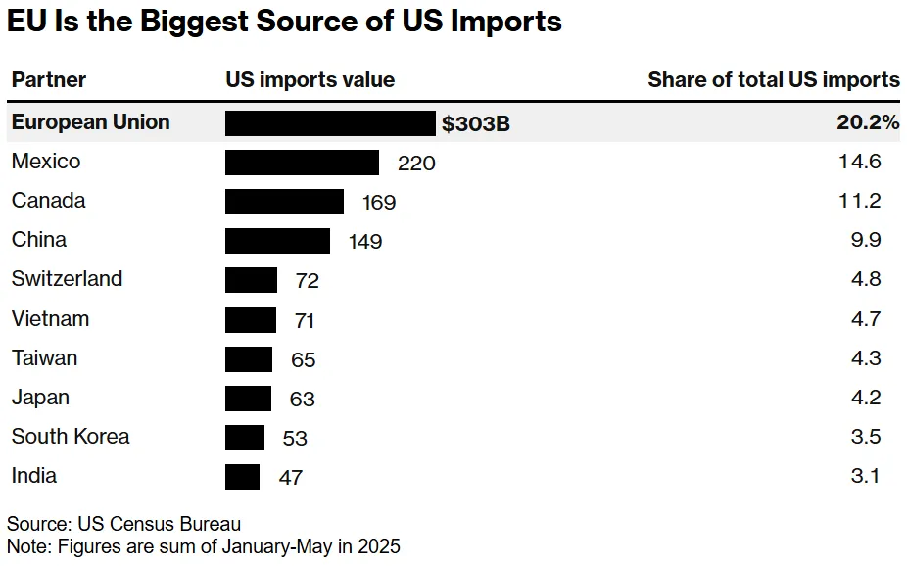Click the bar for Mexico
click(x=302, y=163)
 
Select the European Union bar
click(x=330, y=123)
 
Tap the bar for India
click(x=242, y=477)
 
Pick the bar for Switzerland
click(x=251, y=280)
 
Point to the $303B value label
click(x=476, y=124)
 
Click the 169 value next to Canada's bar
click(x=378, y=203)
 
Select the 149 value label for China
click(x=364, y=242)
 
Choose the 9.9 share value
click(x=867, y=241)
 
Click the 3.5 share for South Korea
click(x=867, y=437)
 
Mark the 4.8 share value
click(x=867, y=280)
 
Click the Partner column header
click(x=49, y=80)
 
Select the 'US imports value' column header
click(x=310, y=80)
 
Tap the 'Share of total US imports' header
click(x=773, y=80)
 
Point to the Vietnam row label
click(x=50, y=319)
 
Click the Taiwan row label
click(x=44, y=358)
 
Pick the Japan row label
click(x=40, y=398)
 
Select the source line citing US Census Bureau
click(x=123, y=524)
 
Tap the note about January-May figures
click(x=204, y=546)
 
